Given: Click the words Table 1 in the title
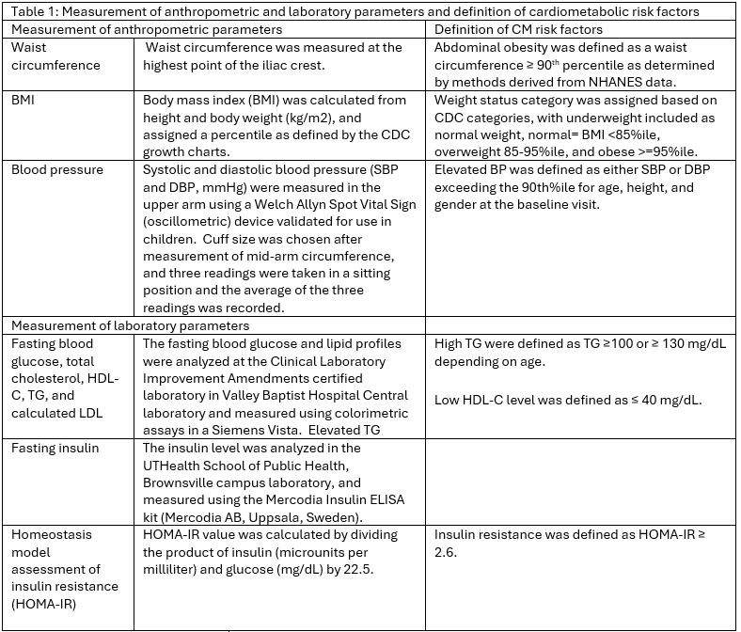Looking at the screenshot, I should click(29, 11).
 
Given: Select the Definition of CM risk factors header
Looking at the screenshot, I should click(518, 29).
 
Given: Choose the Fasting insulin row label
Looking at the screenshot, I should click(55, 449).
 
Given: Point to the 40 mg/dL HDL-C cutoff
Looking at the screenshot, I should click(658, 400).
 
